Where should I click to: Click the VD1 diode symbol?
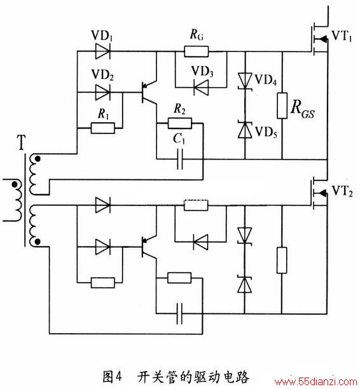[x=103, y=51]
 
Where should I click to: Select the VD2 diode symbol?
[x=103, y=93]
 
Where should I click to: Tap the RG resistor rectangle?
[x=196, y=51]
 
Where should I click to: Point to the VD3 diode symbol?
[x=201, y=87]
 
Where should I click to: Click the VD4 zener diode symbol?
[x=245, y=81]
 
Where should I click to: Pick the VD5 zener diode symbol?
[x=245, y=130]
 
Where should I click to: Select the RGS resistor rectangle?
[x=282, y=106]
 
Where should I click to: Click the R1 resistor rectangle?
[x=103, y=128]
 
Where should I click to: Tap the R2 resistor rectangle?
[x=180, y=123]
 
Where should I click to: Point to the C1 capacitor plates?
[x=180, y=159]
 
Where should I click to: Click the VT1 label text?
[x=342, y=36]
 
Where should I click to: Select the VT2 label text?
[x=342, y=191]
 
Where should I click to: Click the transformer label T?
[x=21, y=142]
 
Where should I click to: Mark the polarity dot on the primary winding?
[x=15, y=184]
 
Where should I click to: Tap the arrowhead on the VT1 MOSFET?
[x=322, y=39]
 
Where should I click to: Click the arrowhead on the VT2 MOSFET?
[x=322, y=193]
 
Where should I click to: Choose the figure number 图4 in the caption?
[x=113, y=377]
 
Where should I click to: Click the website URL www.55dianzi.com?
[x=316, y=381]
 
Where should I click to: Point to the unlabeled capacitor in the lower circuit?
[x=180, y=313]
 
